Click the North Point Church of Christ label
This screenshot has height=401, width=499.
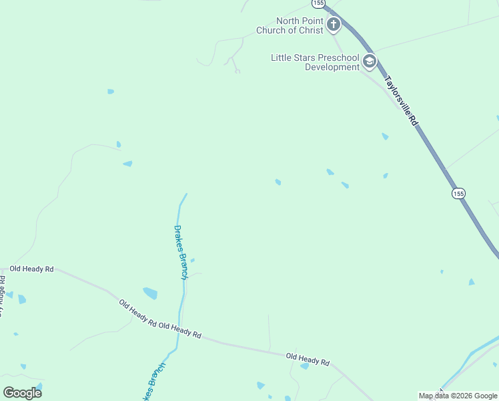[x=291, y=25]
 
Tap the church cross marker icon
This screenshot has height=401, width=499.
[x=333, y=25]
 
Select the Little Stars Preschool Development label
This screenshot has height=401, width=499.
[x=315, y=62]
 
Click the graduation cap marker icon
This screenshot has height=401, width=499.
[x=369, y=62]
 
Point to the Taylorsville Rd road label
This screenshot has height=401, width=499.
[x=400, y=102]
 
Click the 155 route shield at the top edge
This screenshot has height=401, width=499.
[x=319, y=3]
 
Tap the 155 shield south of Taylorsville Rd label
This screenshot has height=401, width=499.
[x=458, y=193]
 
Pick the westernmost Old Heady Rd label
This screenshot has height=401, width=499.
[x=31, y=269]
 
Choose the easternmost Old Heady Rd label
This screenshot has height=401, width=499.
[x=308, y=360]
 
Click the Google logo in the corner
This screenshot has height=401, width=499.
[x=22, y=392]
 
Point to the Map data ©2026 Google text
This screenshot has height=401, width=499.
[x=458, y=396]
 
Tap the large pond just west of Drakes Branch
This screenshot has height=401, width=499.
[x=150, y=293]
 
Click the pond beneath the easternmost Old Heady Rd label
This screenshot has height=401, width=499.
[x=305, y=366]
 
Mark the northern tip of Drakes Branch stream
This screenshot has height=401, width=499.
[x=186, y=194]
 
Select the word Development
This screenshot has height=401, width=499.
[x=332, y=67]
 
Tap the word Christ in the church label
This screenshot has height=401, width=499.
[x=312, y=30]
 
